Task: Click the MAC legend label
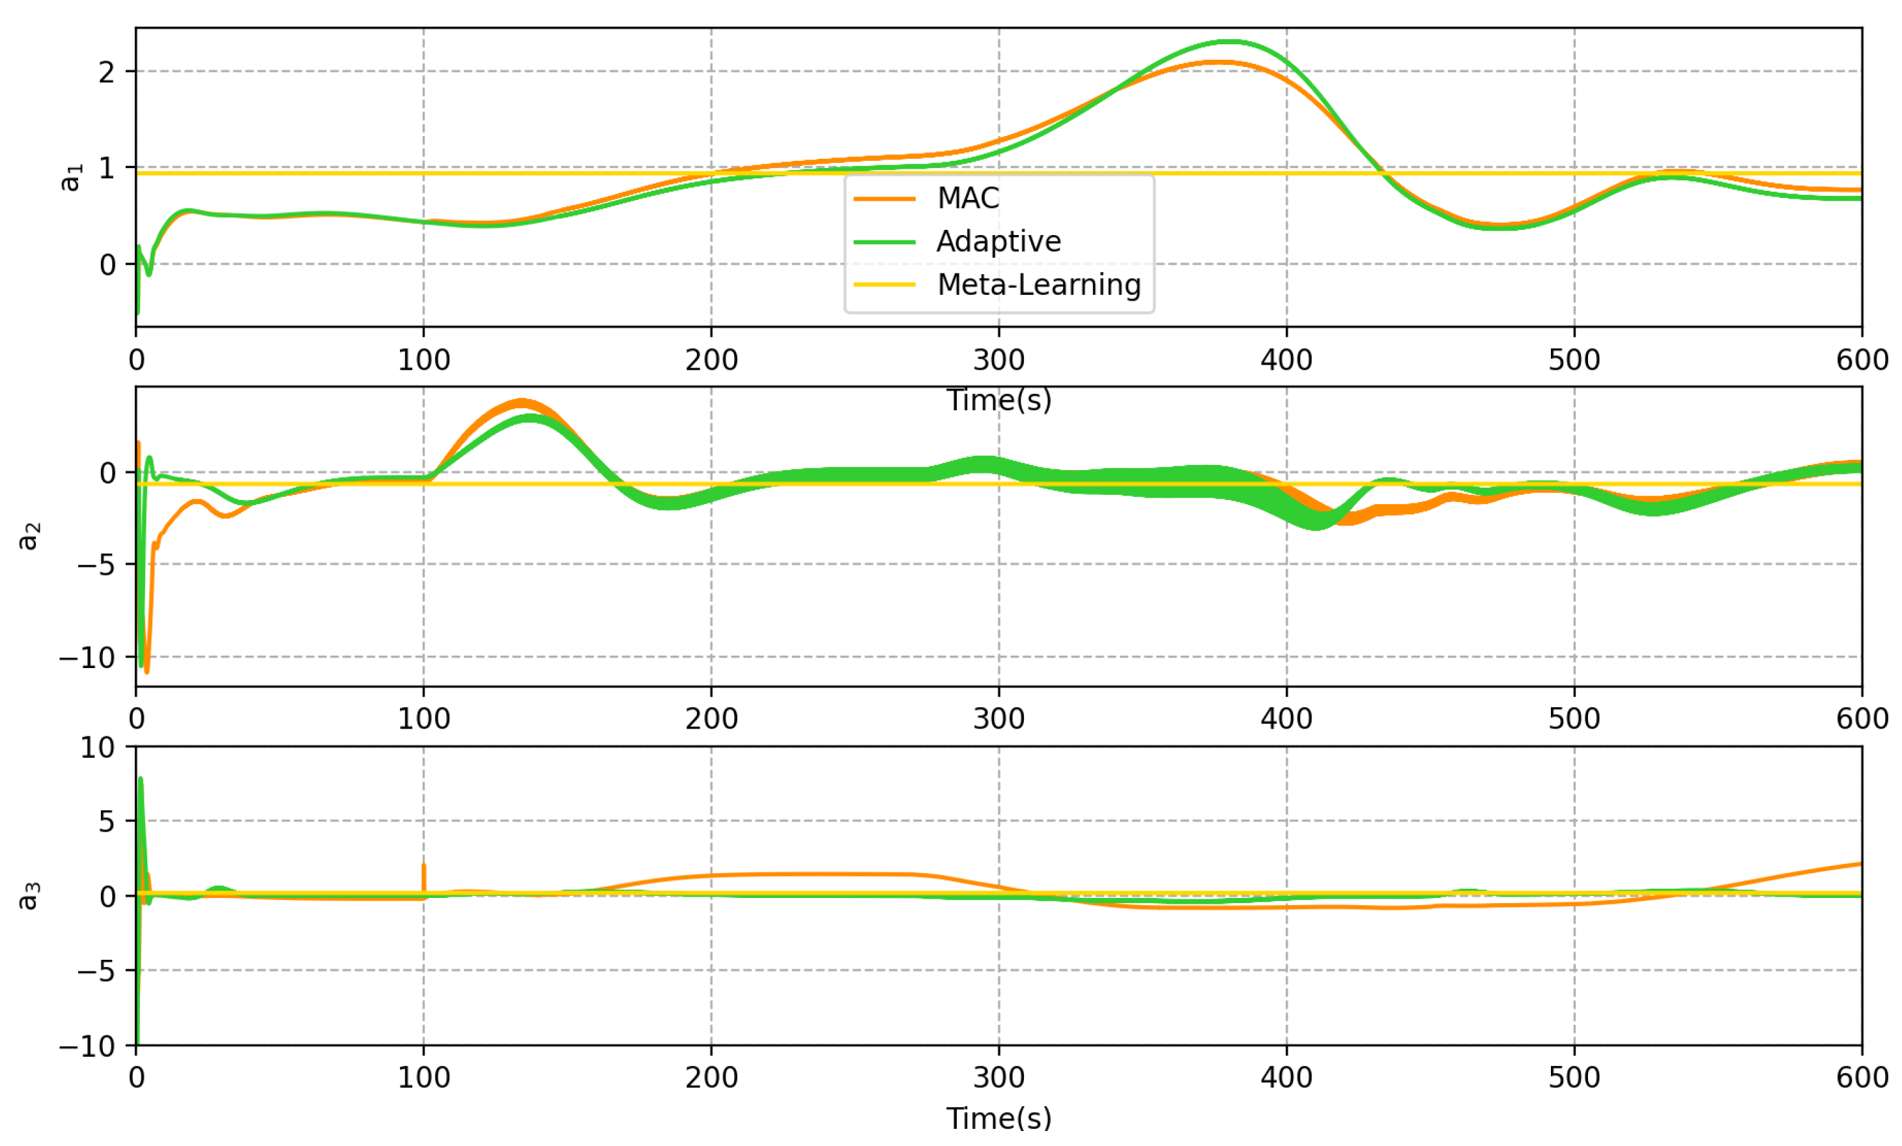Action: [x=967, y=199]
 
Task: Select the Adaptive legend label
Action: [x=998, y=242]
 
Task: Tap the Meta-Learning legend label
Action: [x=1038, y=285]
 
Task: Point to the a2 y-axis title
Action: [x=29, y=537]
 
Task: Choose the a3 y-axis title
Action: [x=29, y=896]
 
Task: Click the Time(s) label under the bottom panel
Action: [x=999, y=1118]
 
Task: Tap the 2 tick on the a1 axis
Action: [x=107, y=72]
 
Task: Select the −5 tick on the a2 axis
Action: [x=96, y=565]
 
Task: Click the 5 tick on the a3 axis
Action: [x=107, y=821]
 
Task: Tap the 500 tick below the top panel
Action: [x=1574, y=359]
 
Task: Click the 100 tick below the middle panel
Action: [x=424, y=718]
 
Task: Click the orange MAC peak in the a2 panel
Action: [x=522, y=402]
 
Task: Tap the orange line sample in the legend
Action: [x=885, y=199]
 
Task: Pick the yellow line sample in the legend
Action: [x=885, y=285]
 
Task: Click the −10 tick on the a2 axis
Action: [x=87, y=658]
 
